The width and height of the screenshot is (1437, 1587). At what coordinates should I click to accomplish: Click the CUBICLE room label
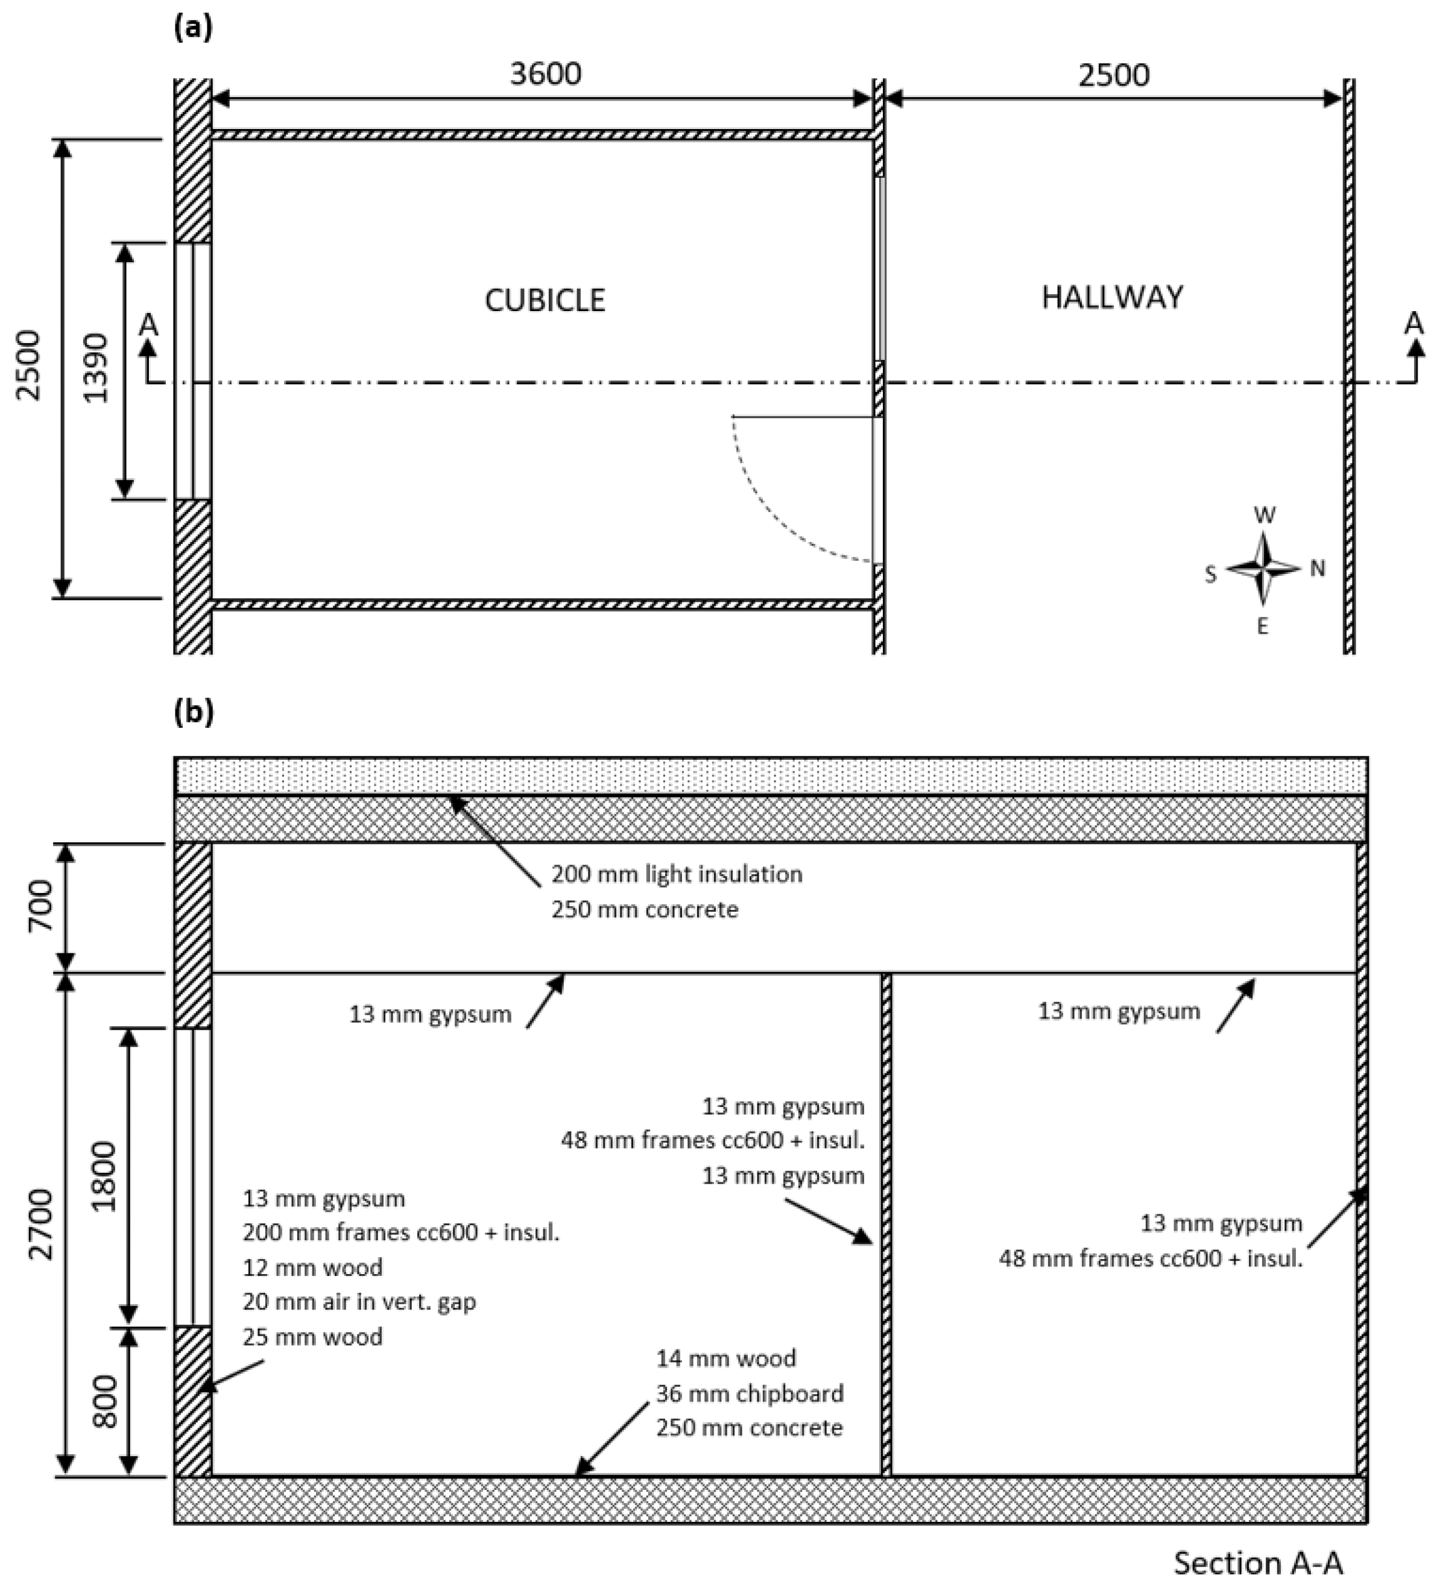(545, 300)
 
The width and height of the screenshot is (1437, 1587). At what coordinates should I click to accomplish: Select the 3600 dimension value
(546, 74)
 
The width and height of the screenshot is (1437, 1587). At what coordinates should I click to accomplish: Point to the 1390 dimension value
(96, 368)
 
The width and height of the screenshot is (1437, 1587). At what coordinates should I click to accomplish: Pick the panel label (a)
(192, 28)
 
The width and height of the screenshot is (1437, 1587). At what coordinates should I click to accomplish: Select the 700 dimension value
(41, 906)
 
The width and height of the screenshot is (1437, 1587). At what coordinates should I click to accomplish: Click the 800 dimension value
(105, 1401)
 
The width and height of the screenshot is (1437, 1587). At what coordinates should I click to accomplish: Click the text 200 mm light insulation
(675, 874)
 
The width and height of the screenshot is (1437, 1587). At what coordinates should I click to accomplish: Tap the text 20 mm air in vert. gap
(359, 1301)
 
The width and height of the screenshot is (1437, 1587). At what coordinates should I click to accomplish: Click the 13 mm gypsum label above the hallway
(1118, 1011)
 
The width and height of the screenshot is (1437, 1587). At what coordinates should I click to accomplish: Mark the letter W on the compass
(1264, 516)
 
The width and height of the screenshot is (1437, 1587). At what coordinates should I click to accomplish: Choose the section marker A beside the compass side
(1414, 324)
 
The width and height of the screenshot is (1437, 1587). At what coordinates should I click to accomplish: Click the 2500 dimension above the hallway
(1113, 75)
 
